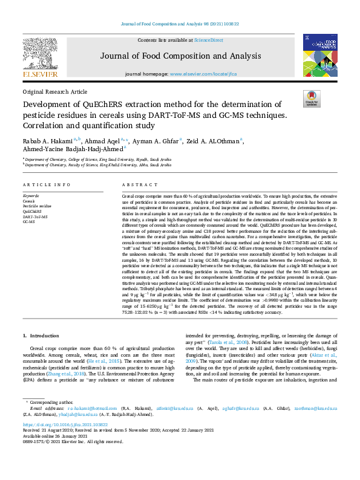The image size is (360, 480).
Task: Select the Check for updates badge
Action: coord(312,99)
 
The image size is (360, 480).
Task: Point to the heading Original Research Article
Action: coord(54,91)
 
